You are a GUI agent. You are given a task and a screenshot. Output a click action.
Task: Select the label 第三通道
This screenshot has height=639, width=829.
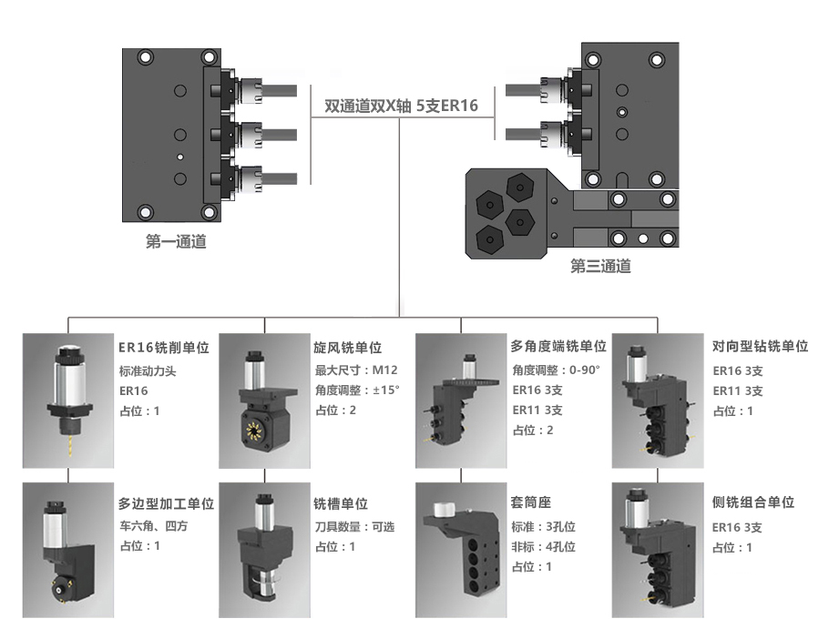click(x=600, y=267)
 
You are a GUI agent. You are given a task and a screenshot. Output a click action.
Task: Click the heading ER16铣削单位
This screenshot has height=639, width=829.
click(x=164, y=347)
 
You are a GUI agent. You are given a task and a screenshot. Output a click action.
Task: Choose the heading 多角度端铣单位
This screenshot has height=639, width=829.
click(x=558, y=347)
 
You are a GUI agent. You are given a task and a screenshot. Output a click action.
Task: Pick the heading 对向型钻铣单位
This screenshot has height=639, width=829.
click(x=760, y=347)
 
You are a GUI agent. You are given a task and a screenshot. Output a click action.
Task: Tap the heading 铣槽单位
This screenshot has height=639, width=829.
click(x=341, y=503)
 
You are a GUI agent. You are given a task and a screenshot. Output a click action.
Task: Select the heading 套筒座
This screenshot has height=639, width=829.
click(x=531, y=503)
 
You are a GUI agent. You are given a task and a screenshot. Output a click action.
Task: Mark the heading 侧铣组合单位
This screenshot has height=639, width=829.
click(x=753, y=503)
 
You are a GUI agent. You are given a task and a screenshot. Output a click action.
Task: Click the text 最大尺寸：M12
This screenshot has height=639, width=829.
click(x=356, y=370)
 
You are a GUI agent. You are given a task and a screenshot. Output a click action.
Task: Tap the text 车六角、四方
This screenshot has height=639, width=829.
click(x=159, y=526)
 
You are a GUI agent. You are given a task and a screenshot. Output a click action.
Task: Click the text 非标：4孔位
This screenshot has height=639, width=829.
click(x=543, y=546)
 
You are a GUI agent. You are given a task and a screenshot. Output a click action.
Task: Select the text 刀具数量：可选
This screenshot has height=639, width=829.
click(x=354, y=526)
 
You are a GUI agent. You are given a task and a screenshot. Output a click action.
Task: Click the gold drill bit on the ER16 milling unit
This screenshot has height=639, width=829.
click(x=67, y=444)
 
